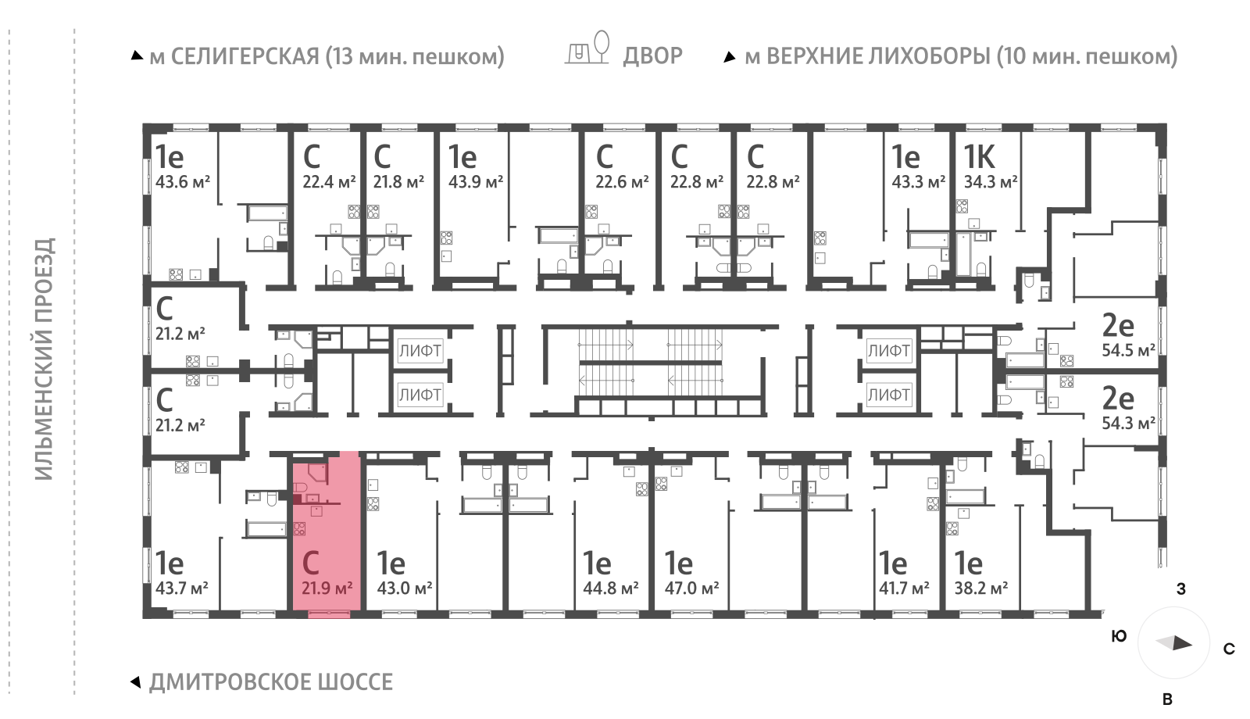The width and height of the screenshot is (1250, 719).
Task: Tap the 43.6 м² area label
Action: (x=183, y=182)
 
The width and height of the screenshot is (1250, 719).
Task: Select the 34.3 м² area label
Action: (x=991, y=182)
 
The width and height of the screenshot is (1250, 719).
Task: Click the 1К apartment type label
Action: (x=979, y=157)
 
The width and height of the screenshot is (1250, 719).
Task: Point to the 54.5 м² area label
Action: (x=1128, y=350)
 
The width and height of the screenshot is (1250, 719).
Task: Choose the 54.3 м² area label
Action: (x=1128, y=424)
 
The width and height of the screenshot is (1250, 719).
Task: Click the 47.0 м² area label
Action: (x=691, y=588)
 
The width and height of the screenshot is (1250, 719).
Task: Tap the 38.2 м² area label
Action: (x=981, y=588)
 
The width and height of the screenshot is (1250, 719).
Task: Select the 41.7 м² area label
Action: (x=904, y=588)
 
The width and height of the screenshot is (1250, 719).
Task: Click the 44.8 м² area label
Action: (x=611, y=588)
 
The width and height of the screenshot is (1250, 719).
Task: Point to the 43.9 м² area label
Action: (x=476, y=182)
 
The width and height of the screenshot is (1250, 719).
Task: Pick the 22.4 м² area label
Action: (x=329, y=182)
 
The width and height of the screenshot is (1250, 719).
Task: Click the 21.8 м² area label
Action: (x=398, y=182)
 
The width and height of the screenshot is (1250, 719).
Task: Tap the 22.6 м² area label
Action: (x=622, y=182)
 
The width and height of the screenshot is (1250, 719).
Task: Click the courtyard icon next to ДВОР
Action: (x=587, y=48)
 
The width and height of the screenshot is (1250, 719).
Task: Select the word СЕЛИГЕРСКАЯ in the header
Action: (x=245, y=56)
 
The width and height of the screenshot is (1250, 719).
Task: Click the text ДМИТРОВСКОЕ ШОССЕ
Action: (x=271, y=682)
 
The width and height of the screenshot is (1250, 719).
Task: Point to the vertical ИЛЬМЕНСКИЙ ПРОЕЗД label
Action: (x=45, y=359)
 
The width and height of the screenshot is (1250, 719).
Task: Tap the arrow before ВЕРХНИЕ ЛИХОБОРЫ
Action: (x=730, y=57)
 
